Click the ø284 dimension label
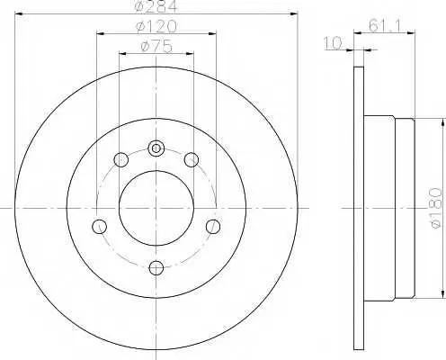pyautogui.click(x=156, y=6)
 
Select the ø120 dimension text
pyautogui.click(x=156, y=27)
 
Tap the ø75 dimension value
pyautogui.click(x=156, y=47)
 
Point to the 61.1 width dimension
pyautogui.click(x=385, y=25)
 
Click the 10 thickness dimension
pyautogui.click(x=333, y=43)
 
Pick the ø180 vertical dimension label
pyautogui.click(x=435, y=208)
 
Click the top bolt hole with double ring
pyautogui.click(x=156, y=148)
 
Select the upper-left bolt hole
pyautogui.click(x=121, y=159)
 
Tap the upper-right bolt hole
pyautogui.click(x=191, y=159)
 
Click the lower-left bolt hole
pyautogui.click(x=99, y=226)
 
